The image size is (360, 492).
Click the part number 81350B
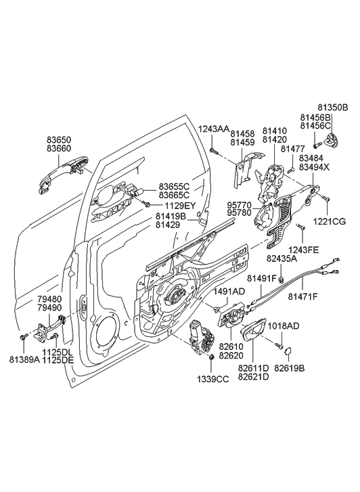click(x=332, y=107)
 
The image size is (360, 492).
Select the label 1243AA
click(x=213, y=129)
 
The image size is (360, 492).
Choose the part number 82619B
click(x=289, y=369)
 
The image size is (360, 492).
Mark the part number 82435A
click(x=282, y=257)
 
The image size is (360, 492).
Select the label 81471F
click(x=303, y=296)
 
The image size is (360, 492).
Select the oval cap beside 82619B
click(x=287, y=351)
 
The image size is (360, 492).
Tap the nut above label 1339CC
click(x=212, y=357)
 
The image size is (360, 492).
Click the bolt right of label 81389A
click(x=24, y=336)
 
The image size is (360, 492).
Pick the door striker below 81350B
click(x=332, y=141)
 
